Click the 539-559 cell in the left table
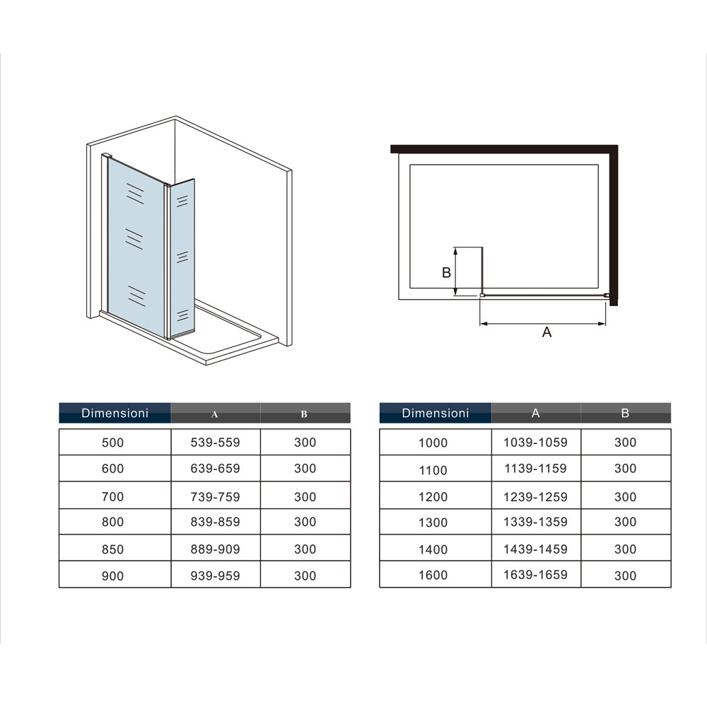[x=215, y=443]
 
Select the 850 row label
[x=112, y=549]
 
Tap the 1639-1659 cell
[x=535, y=575]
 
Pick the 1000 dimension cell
[x=433, y=443]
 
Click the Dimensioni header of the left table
[x=115, y=413]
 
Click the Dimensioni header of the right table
[x=436, y=413]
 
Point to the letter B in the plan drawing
[x=446, y=272]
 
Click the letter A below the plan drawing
[x=547, y=332]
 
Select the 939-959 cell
[x=215, y=575]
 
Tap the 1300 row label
[x=433, y=522]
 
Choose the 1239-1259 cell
[x=535, y=497]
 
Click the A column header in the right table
[x=536, y=413]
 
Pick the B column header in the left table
[x=304, y=414]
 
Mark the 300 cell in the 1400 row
[x=626, y=549]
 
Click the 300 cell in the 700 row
[x=305, y=497]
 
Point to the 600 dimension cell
[x=112, y=469]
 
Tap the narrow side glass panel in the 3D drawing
[x=183, y=257]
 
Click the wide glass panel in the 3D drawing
[x=136, y=247]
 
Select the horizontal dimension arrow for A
[x=542, y=323]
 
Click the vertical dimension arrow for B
[x=455, y=271]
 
